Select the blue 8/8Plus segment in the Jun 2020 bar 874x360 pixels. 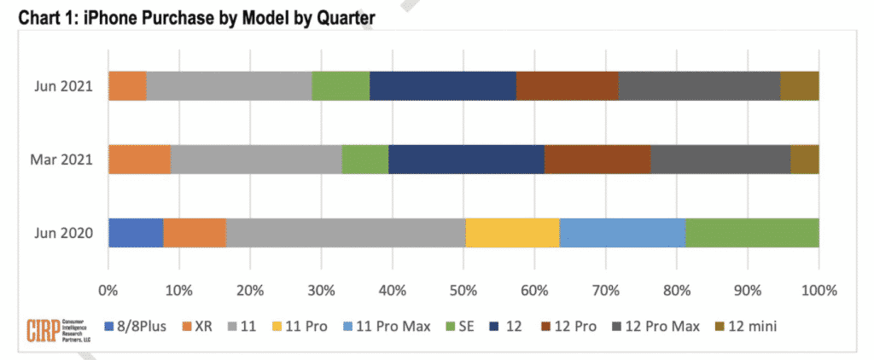(x=136, y=233)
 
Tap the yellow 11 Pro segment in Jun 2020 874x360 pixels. (x=512, y=233)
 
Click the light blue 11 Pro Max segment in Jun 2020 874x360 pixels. (x=622, y=233)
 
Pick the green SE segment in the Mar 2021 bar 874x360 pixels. (x=364, y=160)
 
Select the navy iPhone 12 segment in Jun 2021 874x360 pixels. (x=442, y=86)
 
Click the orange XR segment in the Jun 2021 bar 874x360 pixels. (x=127, y=86)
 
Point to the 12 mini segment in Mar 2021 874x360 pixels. (x=804, y=160)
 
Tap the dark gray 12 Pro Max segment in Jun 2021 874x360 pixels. (x=698, y=86)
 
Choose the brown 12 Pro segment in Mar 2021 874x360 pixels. (x=597, y=160)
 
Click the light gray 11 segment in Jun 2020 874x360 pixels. (x=346, y=233)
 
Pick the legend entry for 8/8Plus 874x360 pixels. (x=139, y=326)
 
